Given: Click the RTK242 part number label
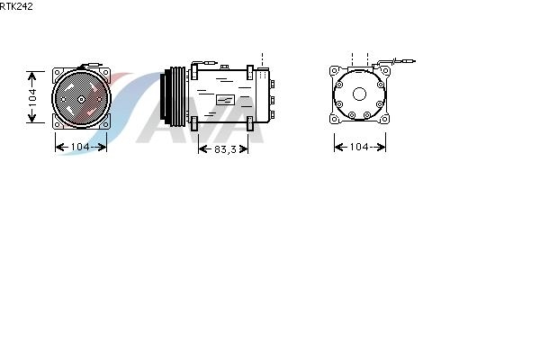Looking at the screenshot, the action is coord(16,6).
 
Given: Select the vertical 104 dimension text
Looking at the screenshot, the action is coord(32,97).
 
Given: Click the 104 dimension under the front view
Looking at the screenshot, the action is coord(80,147).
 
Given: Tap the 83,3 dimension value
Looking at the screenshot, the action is coord(225,149).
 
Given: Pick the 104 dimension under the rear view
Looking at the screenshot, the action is coord(359,147).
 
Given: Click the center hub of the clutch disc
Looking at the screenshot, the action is coord(81,100).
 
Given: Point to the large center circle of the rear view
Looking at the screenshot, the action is coord(359,94).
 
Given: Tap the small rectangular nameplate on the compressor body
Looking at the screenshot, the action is coord(225,100).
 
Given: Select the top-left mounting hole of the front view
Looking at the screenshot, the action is coord(58,73).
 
